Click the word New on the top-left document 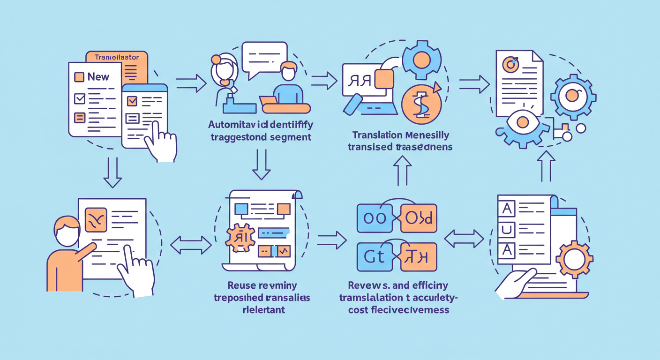click(x=98, y=77)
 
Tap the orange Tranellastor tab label click(x=116, y=58)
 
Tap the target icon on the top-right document click(x=511, y=63)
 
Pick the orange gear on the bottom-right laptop click(x=573, y=259)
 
